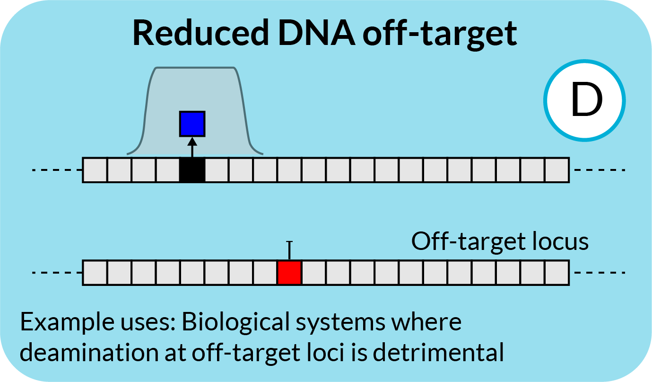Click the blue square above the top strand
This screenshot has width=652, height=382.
(192, 124)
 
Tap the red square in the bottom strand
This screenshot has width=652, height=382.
(289, 273)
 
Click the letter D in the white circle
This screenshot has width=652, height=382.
(586, 101)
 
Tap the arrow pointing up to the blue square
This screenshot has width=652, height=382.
(192, 146)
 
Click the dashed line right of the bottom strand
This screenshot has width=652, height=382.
(599, 273)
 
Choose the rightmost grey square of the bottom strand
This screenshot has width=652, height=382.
(556, 273)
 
